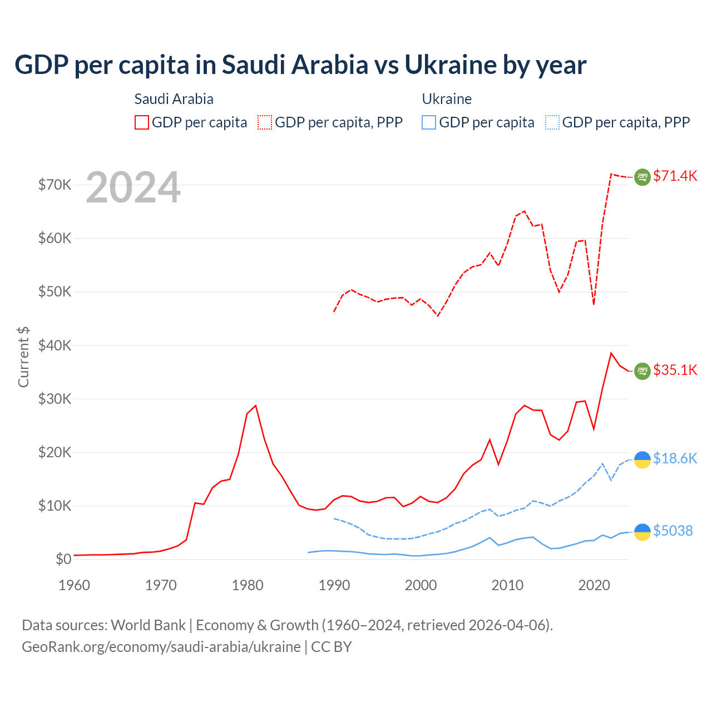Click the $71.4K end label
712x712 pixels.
[x=675, y=176]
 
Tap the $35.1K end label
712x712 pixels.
[x=675, y=370]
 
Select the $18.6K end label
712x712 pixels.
[x=675, y=459]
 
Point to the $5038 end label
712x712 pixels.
[x=673, y=531]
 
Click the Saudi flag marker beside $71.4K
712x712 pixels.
[x=642, y=177]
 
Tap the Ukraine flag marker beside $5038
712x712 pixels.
[x=642, y=532]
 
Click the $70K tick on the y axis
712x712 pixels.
[x=55, y=185]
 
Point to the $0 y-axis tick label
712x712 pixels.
[x=63, y=560]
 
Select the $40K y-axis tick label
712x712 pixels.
[x=55, y=346]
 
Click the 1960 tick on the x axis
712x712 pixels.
[x=74, y=585]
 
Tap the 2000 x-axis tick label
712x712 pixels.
[x=421, y=585]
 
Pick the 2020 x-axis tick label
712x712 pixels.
[x=594, y=585]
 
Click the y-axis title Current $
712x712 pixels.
[x=23, y=357]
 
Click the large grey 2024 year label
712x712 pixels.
[x=133, y=188]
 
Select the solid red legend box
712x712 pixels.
[x=142, y=122]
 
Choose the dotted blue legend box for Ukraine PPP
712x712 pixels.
[x=552, y=122]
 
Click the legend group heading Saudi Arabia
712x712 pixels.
[x=174, y=99]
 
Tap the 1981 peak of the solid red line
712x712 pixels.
[x=255, y=406]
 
